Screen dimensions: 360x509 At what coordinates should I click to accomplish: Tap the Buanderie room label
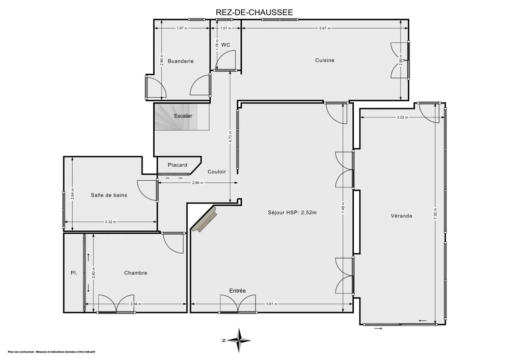pos(180,61)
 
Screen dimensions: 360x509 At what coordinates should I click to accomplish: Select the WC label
pos(225,45)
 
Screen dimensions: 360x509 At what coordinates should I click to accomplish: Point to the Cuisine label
pos(325,60)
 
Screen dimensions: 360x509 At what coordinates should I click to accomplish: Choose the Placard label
pos(178,165)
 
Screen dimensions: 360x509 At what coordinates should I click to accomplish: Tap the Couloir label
pos(217,172)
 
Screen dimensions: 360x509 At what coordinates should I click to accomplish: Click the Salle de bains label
pos(109,195)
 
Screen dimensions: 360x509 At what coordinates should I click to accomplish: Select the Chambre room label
pos(135,273)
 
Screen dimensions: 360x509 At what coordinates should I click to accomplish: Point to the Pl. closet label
pos(74,273)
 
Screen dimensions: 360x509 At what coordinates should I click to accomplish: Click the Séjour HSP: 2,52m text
pos(292,212)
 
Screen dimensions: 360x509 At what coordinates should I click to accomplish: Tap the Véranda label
pos(402,215)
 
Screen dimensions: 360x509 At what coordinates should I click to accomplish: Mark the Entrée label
pos(237,291)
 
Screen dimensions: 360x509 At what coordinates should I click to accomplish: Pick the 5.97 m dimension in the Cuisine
pos(324,29)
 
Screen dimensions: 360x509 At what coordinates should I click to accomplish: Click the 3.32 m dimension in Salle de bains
pos(110,221)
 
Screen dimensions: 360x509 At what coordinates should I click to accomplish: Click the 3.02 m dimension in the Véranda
pos(402,118)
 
